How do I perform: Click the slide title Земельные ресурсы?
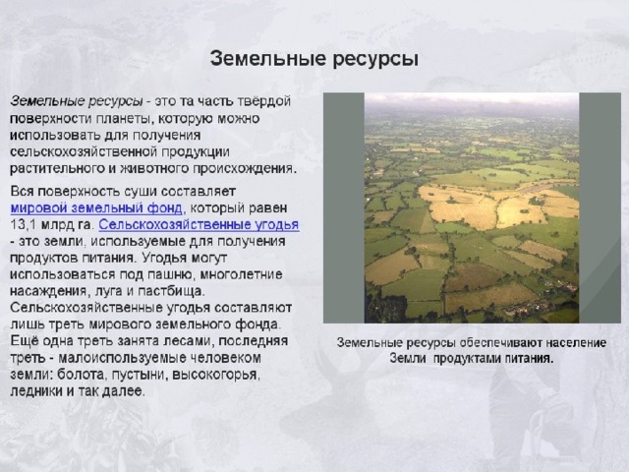click(314, 59)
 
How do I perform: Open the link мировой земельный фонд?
click(96, 208)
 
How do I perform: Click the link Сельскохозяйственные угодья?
click(199, 225)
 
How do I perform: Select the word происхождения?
click(245, 168)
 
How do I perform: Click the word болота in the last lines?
click(81, 374)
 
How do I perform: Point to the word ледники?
click(36, 391)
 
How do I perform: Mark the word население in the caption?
click(570, 343)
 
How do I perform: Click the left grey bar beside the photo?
click(344, 207)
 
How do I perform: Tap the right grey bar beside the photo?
click(600, 207)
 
